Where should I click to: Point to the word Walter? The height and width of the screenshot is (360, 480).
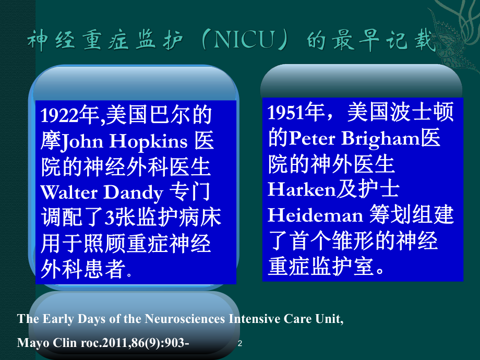(68, 193)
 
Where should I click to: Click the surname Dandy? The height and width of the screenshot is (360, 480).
(133, 194)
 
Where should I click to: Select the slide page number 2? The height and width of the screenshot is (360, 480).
(239, 343)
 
